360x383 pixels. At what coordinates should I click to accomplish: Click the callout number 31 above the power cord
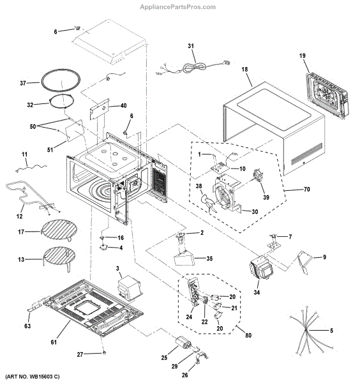[190, 46]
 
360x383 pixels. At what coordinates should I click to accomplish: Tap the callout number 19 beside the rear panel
[303, 56]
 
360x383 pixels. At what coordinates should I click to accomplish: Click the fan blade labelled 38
[209, 204]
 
